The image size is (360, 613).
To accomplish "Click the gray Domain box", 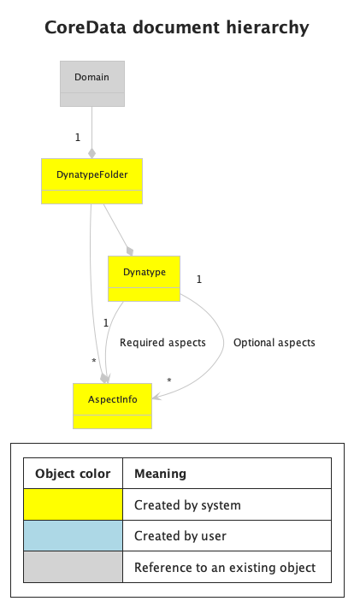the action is click(92, 83).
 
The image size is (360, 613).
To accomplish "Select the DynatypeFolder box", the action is click(91, 181).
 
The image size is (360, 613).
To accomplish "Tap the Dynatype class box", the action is click(144, 279).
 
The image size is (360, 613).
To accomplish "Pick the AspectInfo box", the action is click(112, 406).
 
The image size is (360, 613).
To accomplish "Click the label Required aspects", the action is click(162, 343).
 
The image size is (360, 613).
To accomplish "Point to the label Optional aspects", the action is click(274, 343).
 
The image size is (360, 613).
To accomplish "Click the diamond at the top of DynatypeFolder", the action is click(91, 153).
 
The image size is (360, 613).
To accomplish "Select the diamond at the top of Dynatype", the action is click(130, 251).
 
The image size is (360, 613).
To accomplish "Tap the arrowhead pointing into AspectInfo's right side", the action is click(156, 397).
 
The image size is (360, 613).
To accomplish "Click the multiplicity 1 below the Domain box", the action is click(78, 138).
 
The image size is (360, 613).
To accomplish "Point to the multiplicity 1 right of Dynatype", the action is click(199, 279).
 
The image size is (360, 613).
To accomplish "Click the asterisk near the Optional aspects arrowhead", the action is click(168, 380).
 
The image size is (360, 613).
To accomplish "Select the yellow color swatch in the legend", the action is click(73, 504).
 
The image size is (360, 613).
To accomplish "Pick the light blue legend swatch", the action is click(73, 535).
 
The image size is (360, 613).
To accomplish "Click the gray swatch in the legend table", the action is click(73, 567).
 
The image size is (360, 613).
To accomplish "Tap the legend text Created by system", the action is click(187, 504).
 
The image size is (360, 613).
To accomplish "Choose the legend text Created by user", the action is click(180, 535).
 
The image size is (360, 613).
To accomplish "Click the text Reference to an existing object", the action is click(225, 567).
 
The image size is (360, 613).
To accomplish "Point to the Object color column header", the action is click(73, 474).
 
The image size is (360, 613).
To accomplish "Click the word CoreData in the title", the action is click(86, 27).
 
